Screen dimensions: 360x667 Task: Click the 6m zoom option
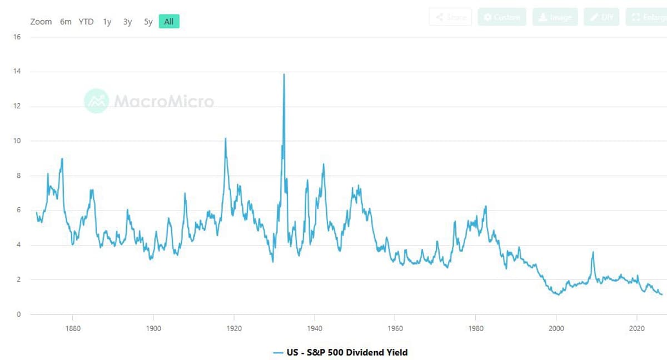click(x=66, y=22)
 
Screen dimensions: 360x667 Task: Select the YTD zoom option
click(x=86, y=22)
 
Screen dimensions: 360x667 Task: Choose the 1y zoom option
click(x=107, y=22)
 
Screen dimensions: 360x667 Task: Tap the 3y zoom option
click(x=128, y=22)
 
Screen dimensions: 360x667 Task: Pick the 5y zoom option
click(x=148, y=22)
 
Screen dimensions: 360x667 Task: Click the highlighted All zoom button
click(x=169, y=22)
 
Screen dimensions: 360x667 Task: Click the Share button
click(x=450, y=17)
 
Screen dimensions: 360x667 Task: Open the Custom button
click(x=501, y=17)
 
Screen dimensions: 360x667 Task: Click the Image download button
click(x=555, y=17)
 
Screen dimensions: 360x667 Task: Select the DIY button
click(x=601, y=17)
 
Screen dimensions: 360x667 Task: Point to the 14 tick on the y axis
click(x=17, y=72)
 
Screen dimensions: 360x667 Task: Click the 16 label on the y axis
click(x=17, y=37)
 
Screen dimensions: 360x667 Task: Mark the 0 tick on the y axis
click(x=19, y=314)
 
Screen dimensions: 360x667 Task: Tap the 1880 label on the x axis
click(x=73, y=328)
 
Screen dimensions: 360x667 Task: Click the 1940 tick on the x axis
click(x=315, y=328)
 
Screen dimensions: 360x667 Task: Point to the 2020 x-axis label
click(x=637, y=328)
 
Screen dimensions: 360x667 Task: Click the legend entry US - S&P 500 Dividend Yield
click(x=340, y=352)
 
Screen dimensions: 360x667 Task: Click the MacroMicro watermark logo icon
click(x=96, y=101)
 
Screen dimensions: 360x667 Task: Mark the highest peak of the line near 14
click(x=284, y=74)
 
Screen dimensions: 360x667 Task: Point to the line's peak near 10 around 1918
click(x=225, y=138)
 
